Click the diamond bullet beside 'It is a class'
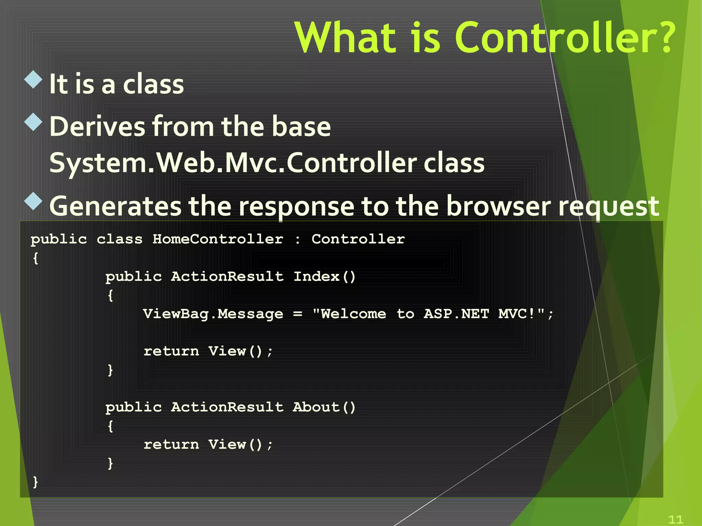click(34, 79)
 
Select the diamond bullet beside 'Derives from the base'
click(34, 122)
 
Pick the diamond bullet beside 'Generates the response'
click(34, 201)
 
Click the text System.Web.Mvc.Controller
click(233, 163)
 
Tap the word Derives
click(97, 127)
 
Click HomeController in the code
click(218, 239)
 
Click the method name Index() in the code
click(324, 276)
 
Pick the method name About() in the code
click(324, 407)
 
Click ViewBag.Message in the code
click(213, 314)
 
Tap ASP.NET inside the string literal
click(456, 314)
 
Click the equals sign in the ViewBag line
click(298, 314)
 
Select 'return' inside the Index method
click(171, 351)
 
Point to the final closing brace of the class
click(35, 482)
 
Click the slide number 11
click(676, 519)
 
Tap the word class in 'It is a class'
click(153, 84)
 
